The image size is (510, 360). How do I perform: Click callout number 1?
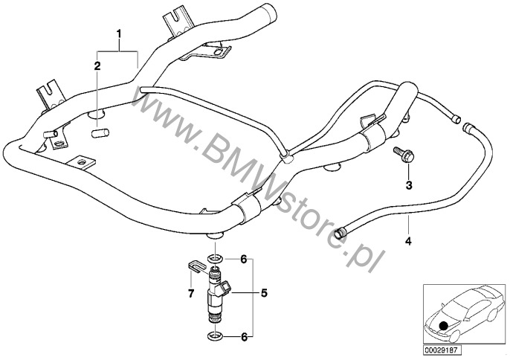pyautogui.click(x=117, y=34)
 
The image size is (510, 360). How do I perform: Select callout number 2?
pyautogui.click(x=97, y=66)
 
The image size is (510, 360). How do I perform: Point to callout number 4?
pyautogui.click(x=407, y=241)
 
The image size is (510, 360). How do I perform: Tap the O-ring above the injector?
pyautogui.click(x=214, y=259)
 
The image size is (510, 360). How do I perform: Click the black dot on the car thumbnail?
pyautogui.click(x=444, y=324)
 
